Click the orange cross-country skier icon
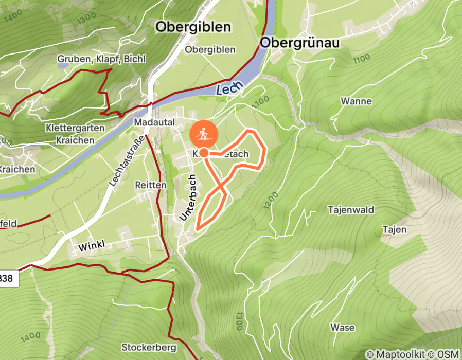tap(204, 135)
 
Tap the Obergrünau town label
tap(300, 43)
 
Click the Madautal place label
tap(154, 123)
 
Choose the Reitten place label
tap(150, 185)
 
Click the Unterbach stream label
tap(189, 198)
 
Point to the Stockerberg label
tap(149, 347)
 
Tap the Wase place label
tap(343, 327)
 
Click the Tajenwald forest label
tap(351, 210)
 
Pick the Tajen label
tap(394, 229)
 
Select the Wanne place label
tap(356, 101)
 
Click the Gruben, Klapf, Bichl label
tap(101, 59)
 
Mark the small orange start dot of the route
tap(204, 153)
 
